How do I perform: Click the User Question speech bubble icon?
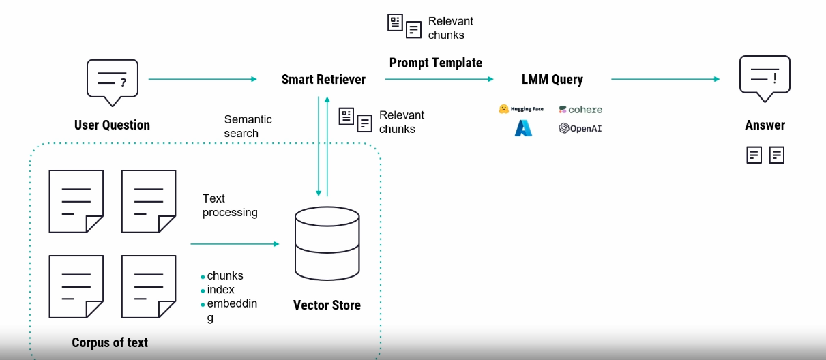click(x=113, y=82)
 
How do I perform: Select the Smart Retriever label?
click(x=323, y=79)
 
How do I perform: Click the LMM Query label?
click(x=552, y=80)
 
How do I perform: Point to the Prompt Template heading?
click(x=436, y=63)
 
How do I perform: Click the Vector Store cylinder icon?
click(x=327, y=243)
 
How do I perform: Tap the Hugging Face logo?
click(x=521, y=108)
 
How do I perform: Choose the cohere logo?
click(x=580, y=110)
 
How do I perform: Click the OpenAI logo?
click(x=580, y=128)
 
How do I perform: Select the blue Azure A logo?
click(x=523, y=128)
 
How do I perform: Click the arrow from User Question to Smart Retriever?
click(x=203, y=79)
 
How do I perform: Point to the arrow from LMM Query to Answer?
click(x=665, y=79)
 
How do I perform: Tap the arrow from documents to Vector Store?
click(x=235, y=244)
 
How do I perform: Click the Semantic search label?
click(x=248, y=126)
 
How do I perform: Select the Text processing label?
click(x=230, y=205)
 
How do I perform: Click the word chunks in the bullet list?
click(x=225, y=275)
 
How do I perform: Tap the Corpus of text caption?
click(x=110, y=343)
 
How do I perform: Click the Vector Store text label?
click(x=327, y=305)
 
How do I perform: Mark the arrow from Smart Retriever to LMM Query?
click(x=439, y=79)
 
